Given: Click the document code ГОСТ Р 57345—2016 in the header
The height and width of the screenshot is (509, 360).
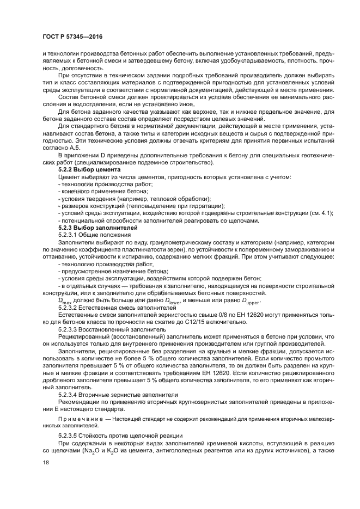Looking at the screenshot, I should (x=72, y=36).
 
